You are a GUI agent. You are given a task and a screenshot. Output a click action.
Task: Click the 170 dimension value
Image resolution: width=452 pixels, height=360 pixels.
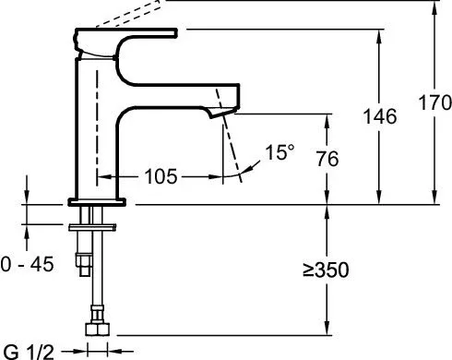coord(435,102)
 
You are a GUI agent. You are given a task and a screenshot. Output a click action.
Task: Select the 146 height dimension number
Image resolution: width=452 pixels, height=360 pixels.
coord(380,116)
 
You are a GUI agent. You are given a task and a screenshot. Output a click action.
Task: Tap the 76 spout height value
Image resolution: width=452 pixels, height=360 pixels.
coord(327,159)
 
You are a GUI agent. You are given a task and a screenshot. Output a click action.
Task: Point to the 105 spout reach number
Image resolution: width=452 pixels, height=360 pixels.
coord(161,176)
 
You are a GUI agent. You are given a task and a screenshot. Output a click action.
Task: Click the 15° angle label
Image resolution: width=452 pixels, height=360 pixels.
coord(280,152)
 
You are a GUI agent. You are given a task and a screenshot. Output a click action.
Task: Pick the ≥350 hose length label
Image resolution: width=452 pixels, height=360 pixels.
coord(326,270)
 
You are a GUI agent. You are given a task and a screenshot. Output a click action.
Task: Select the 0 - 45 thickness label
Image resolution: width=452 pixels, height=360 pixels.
coord(27,264)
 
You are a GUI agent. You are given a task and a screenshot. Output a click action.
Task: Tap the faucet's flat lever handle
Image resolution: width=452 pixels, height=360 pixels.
coord(126,33)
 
